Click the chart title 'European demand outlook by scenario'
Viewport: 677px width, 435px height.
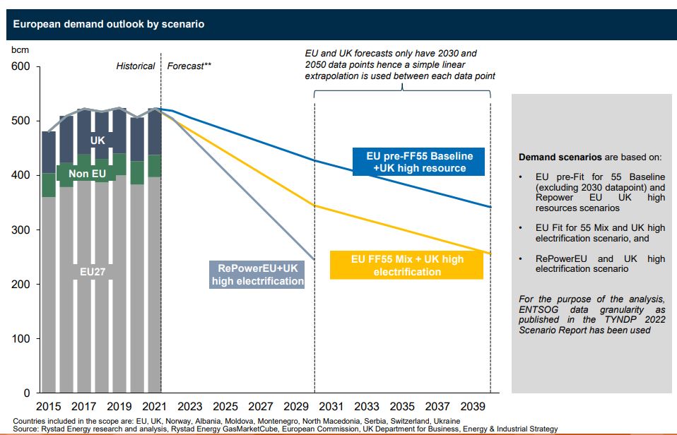pos(109,24)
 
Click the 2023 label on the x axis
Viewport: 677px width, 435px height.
pos(189,407)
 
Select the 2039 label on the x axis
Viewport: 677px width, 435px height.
pos(472,407)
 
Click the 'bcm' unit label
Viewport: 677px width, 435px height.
pos(19,50)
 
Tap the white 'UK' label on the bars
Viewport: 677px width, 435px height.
pos(98,141)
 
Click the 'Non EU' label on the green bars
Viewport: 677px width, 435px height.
pos(87,173)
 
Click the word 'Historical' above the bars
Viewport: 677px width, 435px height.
pos(136,66)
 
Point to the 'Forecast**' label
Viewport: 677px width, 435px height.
pos(189,66)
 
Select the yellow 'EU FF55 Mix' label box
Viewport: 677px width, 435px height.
pos(407,265)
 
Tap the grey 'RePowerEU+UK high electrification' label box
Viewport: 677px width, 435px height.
pos(257,274)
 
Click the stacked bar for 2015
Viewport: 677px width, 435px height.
pos(49,261)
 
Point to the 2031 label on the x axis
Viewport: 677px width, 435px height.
pos(331,407)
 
